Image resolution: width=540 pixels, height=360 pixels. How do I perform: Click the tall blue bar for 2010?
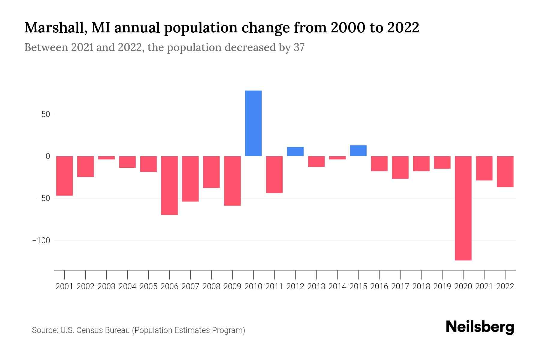(x=253, y=123)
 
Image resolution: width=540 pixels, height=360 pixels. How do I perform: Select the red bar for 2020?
(x=463, y=208)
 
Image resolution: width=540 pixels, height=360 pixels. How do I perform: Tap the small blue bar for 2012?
(x=295, y=151)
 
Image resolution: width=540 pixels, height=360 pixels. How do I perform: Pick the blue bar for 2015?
(x=358, y=151)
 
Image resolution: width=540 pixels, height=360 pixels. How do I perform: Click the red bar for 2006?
(x=169, y=185)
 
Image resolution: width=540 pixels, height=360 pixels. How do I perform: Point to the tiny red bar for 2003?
(x=106, y=158)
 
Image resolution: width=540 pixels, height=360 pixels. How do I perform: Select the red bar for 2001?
(x=64, y=176)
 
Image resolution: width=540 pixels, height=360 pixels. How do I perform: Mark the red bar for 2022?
(x=505, y=172)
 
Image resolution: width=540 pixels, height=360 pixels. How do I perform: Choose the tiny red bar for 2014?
(x=337, y=158)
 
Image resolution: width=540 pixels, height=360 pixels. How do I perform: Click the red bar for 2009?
(x=232, y=181)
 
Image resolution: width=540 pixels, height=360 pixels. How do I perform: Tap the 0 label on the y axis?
(x=48, y=156)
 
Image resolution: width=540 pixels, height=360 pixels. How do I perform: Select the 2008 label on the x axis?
(x=211, y=286)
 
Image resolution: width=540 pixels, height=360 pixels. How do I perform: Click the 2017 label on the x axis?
(x=400, y=286)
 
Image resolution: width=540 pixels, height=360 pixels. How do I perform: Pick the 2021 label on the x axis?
(x=484, y=286)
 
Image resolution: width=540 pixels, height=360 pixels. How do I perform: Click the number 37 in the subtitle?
(x=299, y=47)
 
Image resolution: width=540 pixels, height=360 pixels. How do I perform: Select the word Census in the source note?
(x=87, y=330)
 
